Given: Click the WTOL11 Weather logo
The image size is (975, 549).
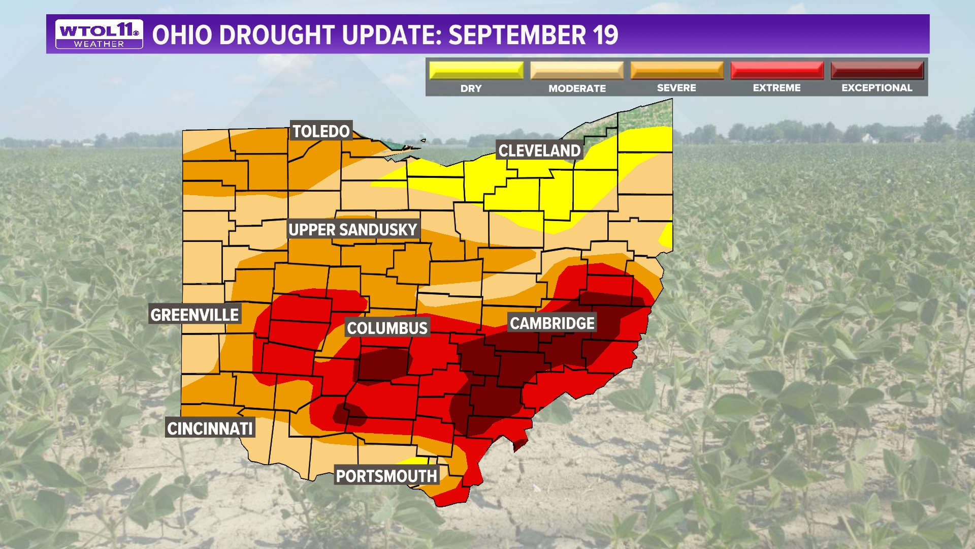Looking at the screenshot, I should (x=99, y=34).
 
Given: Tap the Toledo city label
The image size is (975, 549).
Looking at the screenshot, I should (x=321, y=131).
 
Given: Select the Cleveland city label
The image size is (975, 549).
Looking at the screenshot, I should (x=539, y=150).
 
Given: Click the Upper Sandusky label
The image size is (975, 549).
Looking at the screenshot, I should (x=353, y=230).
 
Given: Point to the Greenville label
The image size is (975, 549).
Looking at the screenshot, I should (x=194, y=315).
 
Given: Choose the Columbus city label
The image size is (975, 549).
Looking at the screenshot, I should (x=387, y=328).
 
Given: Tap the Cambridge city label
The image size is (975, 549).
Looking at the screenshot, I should (x=552, y=323).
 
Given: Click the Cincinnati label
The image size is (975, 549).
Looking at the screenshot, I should (x=210, y=429).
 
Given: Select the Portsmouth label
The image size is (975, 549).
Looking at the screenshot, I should (x=386, y=476).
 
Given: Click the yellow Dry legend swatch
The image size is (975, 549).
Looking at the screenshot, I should (x=476, y=70).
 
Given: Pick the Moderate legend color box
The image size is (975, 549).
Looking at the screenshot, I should (x=577, y=70).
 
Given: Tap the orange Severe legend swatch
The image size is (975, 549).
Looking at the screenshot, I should (x=677, y=70).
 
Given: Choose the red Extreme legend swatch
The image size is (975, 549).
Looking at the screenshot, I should (x=777, y=70).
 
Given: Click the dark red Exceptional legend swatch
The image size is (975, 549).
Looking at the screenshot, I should (x=877, y=70).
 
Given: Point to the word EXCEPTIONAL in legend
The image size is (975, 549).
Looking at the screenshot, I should (x=877, y=88).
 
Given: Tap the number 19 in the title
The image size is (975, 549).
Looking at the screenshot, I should (x=605, y=35).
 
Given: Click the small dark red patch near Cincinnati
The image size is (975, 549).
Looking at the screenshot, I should (x=349, y=414).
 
